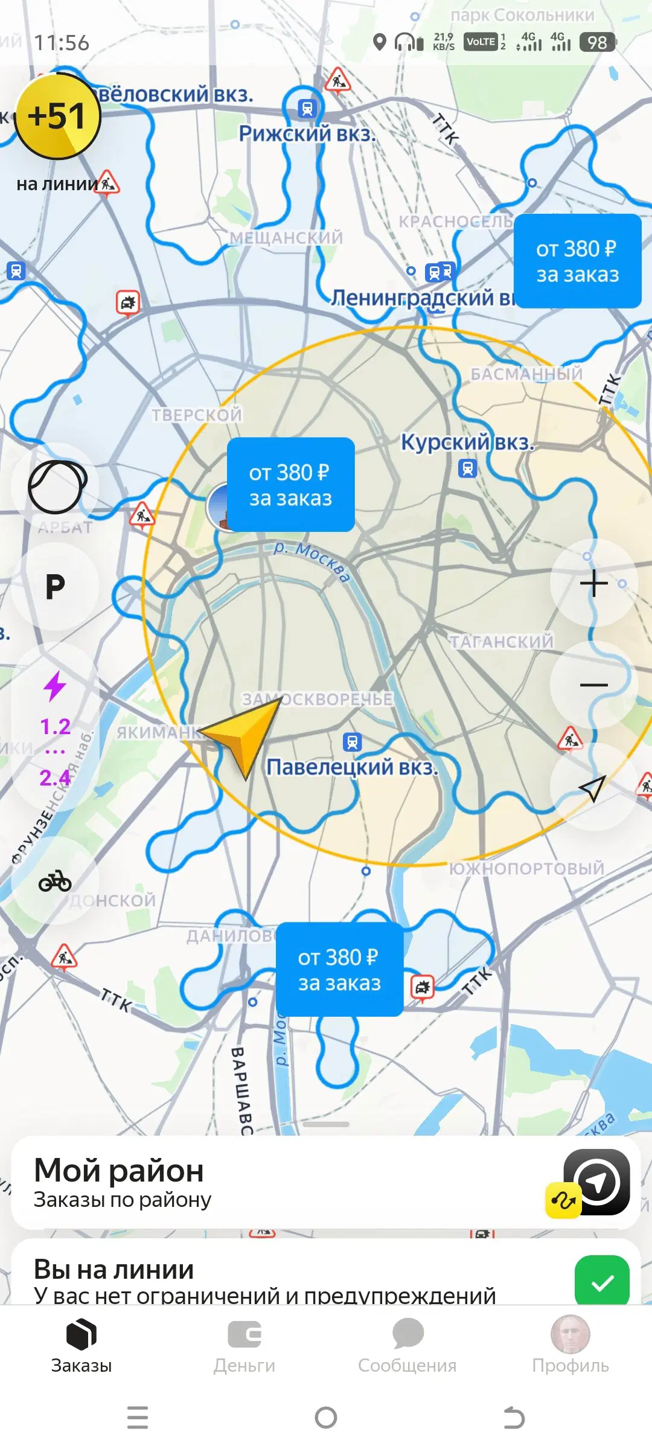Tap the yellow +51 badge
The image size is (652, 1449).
click(57, 116)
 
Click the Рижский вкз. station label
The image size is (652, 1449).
click(307, 133)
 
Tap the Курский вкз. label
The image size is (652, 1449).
click(467, 443)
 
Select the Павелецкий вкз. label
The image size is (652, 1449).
click(352, 767)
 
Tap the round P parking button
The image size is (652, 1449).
click(55, 586)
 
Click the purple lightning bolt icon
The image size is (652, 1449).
click(55, 686)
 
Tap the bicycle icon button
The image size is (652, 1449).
click(55, 881)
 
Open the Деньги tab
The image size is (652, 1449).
click(245, 1346)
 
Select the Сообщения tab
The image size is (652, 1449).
click(407, 1346)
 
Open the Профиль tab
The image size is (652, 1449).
click(570, 1346)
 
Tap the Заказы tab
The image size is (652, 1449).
click(81, 1346)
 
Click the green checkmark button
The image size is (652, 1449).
click(602, 1282)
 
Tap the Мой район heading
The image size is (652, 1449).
click(119, 1171)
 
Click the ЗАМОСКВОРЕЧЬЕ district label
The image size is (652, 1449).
click(318, 699)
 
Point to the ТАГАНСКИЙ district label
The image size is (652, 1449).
click(501, 641)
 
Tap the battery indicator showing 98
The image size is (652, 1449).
click(597, 42)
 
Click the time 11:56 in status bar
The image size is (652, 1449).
click(62, 43)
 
